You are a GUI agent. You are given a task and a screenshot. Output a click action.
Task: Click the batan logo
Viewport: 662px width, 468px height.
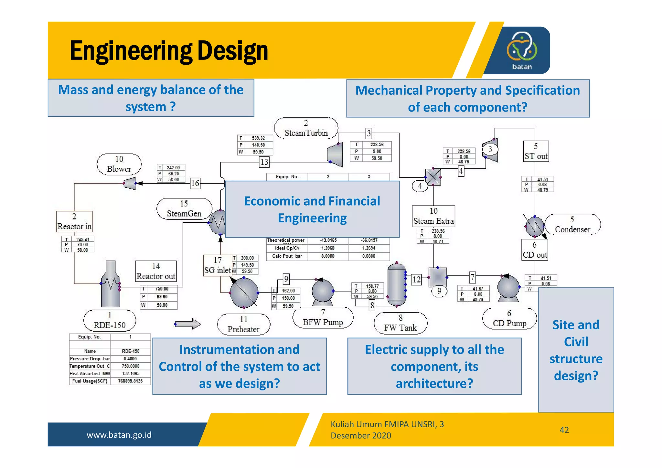pyautogui.click(x=522, y=50)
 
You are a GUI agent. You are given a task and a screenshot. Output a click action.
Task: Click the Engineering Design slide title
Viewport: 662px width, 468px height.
pyautogui.click(x=169, y=51)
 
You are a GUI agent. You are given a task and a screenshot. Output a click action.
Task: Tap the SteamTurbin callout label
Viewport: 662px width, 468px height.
pyautogui.click(x=306, y=129)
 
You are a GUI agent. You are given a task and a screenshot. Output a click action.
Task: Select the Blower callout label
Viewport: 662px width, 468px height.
pyautogui.click(x=119, y=165)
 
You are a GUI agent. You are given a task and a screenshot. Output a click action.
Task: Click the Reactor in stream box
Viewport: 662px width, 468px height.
pyautogui.click(x=74, y=222)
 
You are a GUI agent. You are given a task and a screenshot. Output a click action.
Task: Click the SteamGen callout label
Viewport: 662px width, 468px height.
pyautogui.click(x=184, y=209)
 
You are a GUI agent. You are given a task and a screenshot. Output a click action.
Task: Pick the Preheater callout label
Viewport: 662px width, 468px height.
pyautogui.click(x=243, y=324)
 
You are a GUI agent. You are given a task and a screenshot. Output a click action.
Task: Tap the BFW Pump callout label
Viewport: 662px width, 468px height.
pyautogui.click(x=323, y=318)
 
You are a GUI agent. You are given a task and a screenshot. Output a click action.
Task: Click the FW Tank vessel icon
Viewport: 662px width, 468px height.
pyautogui.click(x=396, y=284)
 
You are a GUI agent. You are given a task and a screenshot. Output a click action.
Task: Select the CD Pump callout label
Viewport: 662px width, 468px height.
pyautogui.click(x=509, y=319)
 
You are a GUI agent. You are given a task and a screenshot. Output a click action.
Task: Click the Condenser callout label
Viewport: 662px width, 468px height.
pyautogui.click(x=572, y=225)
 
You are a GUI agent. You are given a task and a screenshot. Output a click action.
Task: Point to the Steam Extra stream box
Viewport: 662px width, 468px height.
pyautogui.click(x=433, y=216)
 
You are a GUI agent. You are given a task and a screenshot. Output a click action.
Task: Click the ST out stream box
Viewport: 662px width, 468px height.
pyautogui.click(x=536, y=152)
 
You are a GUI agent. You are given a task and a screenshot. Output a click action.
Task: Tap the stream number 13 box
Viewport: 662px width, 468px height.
pyautogui.click(x=264, y=162)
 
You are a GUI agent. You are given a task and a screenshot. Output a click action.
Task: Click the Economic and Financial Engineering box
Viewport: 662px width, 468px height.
pyautogui.click(x=312, y=209)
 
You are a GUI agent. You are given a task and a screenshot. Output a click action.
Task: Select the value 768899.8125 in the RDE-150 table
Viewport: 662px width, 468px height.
pyautogui.click(x=130, y=381)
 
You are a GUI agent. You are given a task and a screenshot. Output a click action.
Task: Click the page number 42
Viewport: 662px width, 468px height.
pyautogui.click(x=564, y=430)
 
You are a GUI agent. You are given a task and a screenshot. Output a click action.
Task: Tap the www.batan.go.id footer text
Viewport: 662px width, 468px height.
pyautogui.click(x=119, y=435)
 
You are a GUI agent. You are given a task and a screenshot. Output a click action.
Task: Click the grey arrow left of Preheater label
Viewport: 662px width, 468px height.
pyautogui.click(x=188, y=324)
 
